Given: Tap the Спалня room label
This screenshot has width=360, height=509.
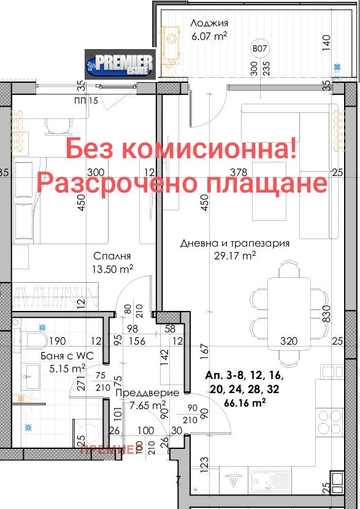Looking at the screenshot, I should [112, 256].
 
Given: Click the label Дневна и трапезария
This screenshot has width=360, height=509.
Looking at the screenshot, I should [235, 243].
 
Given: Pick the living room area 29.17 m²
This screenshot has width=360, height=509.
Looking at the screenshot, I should [235, 256].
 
